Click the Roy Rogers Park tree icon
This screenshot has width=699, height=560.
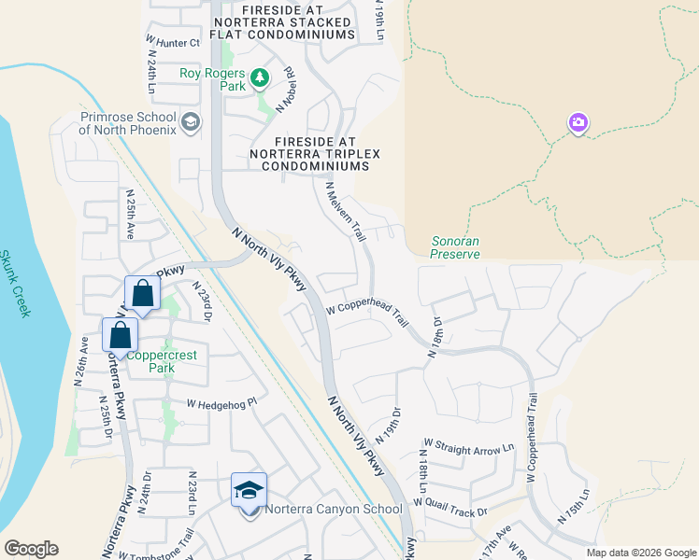260,78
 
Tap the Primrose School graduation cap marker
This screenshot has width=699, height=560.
191,122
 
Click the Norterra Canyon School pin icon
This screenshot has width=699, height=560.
250,492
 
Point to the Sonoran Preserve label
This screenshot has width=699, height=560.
455,247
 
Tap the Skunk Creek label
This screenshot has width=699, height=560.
16,284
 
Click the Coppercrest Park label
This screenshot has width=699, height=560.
150,361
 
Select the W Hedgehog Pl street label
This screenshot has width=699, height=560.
221,403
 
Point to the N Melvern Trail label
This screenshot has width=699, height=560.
344,212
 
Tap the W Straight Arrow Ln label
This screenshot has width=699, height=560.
469,448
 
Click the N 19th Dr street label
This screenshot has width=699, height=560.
387,425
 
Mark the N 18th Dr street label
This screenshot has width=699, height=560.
434,336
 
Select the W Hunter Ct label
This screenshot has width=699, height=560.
173,43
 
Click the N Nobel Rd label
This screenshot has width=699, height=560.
285,85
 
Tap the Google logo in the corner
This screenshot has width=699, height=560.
31,549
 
